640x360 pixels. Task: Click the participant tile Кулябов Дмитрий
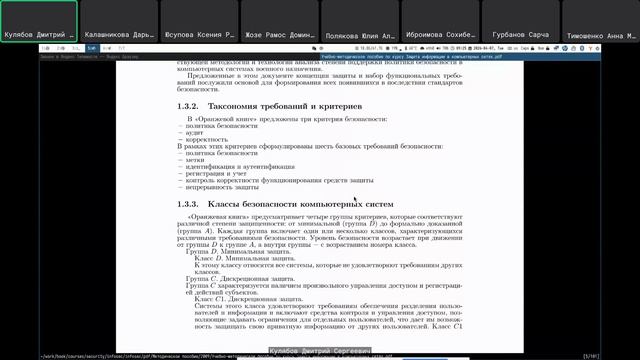[39, 21]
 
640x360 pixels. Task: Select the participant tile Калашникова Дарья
[119, 21]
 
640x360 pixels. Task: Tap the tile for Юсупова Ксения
[200, 21]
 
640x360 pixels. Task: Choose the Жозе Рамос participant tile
[280, 21]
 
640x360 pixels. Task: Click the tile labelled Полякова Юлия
[360, 21]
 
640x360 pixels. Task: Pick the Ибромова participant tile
[440, 21]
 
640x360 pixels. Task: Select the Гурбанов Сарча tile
[520, 21]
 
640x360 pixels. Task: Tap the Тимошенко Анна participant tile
[600, 21]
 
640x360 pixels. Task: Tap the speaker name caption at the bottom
[319, 352]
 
